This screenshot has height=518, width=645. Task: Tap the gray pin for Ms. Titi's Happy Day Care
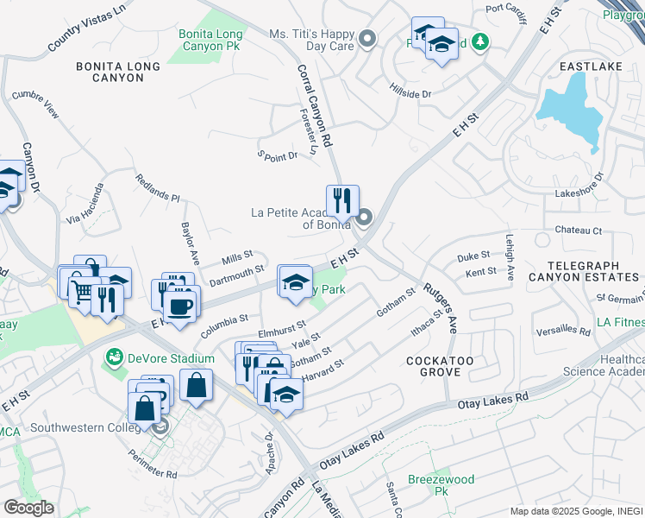(368, 39)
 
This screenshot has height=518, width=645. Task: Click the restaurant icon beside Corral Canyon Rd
(342, 200)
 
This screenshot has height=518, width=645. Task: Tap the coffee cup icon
(179, 306)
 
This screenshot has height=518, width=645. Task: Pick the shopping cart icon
(80, 294)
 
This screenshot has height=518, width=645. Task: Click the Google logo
(28, 507)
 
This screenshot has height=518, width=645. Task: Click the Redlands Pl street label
(157, 187)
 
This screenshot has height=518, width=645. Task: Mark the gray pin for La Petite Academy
(364, 217)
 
